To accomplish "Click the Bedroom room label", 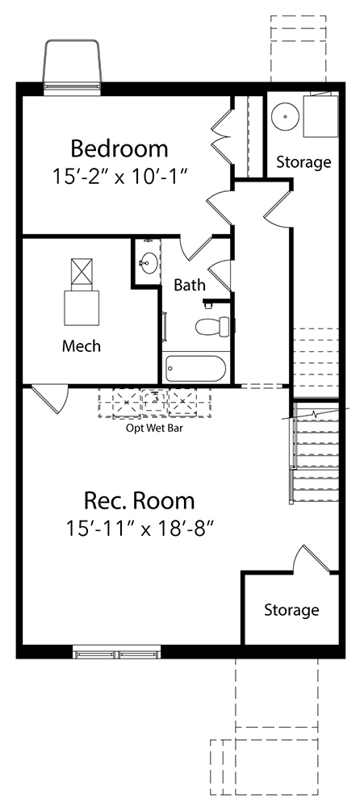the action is click(x=119, y=148).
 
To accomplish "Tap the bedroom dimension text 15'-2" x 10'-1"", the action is click(x=119, y=177).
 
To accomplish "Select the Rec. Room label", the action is click(x=140, y=500).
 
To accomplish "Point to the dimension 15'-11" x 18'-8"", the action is click(x=140, y=529).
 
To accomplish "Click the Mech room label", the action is click(x=82, y=346).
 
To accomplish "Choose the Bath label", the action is click(x=190, y=285).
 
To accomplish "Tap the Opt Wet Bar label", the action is click(x=154, y=428).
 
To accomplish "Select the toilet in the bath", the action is click(x=213, y=326).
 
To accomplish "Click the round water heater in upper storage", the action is click(x=285, y=117).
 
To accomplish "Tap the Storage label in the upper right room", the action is click(x=303, y=161).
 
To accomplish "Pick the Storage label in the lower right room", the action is click(x=291, y=610).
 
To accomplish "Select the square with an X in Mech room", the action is click(x=82, y=272).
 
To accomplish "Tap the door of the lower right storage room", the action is click(x=312, y=559).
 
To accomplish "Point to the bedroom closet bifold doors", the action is click(x=222, y=136).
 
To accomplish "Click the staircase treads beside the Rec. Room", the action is click(x=315, y=453).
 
